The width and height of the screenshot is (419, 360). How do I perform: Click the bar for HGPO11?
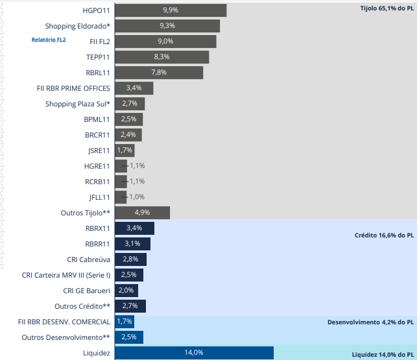click(x=170, y=10)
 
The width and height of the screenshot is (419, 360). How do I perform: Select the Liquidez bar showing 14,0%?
click(x=194, y=353)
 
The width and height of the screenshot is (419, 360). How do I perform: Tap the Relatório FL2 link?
click(x=49, y=40)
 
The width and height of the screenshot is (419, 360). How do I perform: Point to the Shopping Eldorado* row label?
click(x=78, y=26)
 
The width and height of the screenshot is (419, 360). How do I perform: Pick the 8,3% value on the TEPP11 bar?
click(x=162, y=57)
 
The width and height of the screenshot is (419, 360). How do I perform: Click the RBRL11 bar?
click(x=159, y=73)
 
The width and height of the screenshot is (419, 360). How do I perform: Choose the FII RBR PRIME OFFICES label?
click(x=74, y=88)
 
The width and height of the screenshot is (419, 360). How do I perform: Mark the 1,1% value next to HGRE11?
click(x=137, y=166)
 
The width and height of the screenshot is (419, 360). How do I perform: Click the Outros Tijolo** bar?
click(x=142, y=213)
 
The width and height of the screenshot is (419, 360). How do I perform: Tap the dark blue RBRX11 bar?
click(x=134, y=228)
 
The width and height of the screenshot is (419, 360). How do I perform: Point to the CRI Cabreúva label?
click(x=88, y=259)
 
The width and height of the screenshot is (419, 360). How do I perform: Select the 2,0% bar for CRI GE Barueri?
click(x=126, y=291)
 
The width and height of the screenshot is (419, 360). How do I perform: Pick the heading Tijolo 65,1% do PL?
click(x=387, y=8)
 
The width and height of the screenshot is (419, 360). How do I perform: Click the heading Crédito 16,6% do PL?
click(x=384, y=235)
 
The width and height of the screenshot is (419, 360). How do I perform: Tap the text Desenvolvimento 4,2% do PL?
click(x=370, y=322)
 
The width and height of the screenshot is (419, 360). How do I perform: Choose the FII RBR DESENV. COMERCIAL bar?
click(x=125, y=322)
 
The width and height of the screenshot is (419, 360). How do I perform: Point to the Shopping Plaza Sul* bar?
click(x=130, y=104)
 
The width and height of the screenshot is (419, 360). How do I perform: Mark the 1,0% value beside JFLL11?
click(x=136, y=197)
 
